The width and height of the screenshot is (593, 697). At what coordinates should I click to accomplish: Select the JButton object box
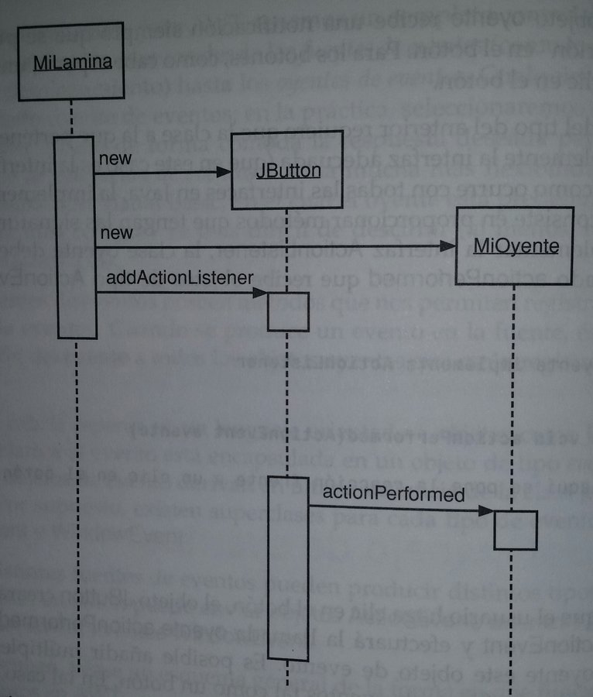286,170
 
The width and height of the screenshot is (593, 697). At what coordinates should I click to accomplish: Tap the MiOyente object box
514,246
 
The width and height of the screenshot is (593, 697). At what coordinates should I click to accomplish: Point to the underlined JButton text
288,170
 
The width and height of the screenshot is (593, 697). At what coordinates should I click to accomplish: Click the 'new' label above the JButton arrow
115,159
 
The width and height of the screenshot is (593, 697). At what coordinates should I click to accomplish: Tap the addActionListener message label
180,276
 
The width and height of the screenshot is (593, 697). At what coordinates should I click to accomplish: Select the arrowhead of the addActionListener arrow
261,292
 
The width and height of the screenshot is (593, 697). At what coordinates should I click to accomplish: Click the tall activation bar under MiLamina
77,237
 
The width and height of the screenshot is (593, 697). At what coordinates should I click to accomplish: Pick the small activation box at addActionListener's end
288,311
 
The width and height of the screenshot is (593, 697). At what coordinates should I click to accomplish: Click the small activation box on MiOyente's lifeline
516,530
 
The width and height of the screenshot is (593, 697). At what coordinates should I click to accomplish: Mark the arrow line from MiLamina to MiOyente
271,246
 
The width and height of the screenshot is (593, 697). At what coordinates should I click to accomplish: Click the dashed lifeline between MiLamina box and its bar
72,118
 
